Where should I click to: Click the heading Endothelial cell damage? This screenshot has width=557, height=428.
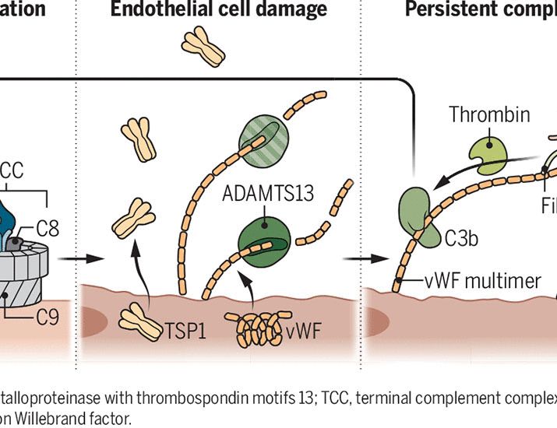point(218,10)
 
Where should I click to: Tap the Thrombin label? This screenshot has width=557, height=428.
point(489,116)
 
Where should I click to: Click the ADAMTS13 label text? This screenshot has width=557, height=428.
point(267,192)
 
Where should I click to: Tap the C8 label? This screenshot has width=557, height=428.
point(48,228)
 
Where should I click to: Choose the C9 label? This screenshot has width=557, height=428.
point(48,317)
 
